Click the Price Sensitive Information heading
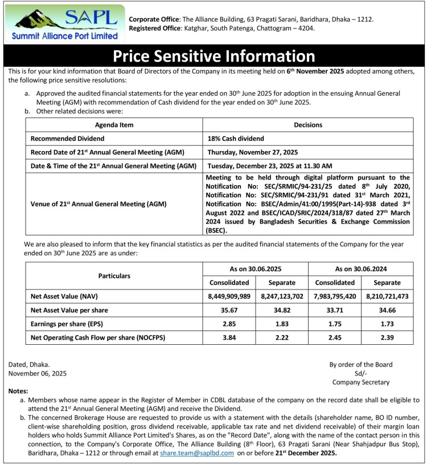(x=213, y=56)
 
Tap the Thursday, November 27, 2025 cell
(x=253, y=152)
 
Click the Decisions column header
(x=308, y=124)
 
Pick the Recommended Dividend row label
(x=68, y=138)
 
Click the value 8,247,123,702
(x=282, y=296)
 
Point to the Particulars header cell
(x=114, y=275)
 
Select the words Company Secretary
(x=361, y=382)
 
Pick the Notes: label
(x=21, y=391)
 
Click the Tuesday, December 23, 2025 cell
(x=269, y=166)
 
